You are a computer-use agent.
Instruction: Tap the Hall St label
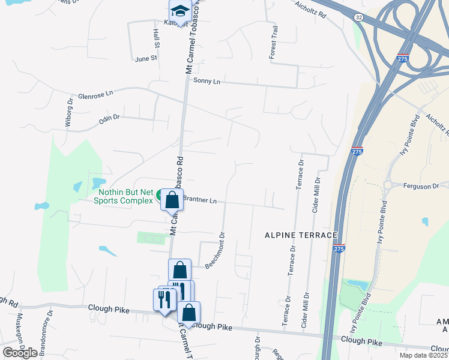tap(156, 38)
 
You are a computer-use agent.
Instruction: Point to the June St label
tap(146, 59)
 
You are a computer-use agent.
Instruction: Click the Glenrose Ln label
tap(95, 95)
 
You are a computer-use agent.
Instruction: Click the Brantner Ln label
tap(199, 201)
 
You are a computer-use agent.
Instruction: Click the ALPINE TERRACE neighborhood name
tap(301, 236)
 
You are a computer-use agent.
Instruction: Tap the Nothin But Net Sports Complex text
tap(124, 196)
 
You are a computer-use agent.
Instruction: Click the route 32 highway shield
tap(358, 18)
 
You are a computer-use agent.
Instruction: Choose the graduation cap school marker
tap(179, 11)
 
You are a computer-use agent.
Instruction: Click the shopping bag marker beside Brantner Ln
tap(172, 200)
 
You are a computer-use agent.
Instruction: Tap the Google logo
tap(20, 353)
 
